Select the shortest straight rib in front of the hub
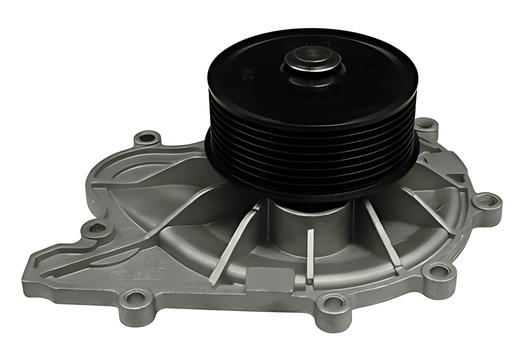tap(310, 255)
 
